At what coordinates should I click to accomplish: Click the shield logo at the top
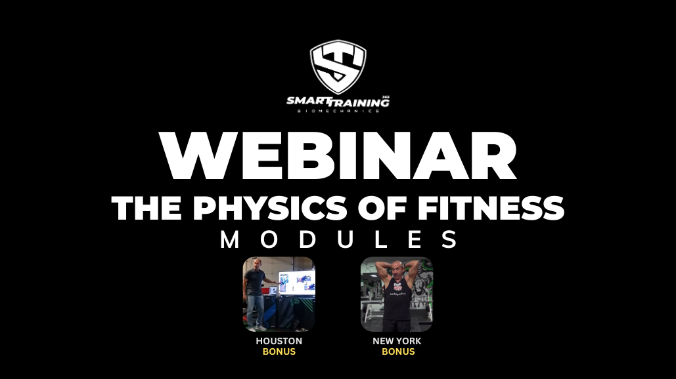pos(338,67)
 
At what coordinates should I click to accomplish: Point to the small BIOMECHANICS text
pos(338,111)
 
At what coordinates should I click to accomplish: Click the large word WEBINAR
pos(338,155)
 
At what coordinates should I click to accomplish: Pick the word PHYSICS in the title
pos(269,209)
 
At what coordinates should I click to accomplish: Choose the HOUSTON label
pos(279,341)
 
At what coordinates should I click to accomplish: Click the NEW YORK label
pos(397,341)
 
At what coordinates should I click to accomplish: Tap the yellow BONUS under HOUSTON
pos(279,351)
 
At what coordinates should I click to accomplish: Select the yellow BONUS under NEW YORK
pos(398,351)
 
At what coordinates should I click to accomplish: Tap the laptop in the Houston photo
pos(273,291)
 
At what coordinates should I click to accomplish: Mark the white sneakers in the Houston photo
pos(257,328)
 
